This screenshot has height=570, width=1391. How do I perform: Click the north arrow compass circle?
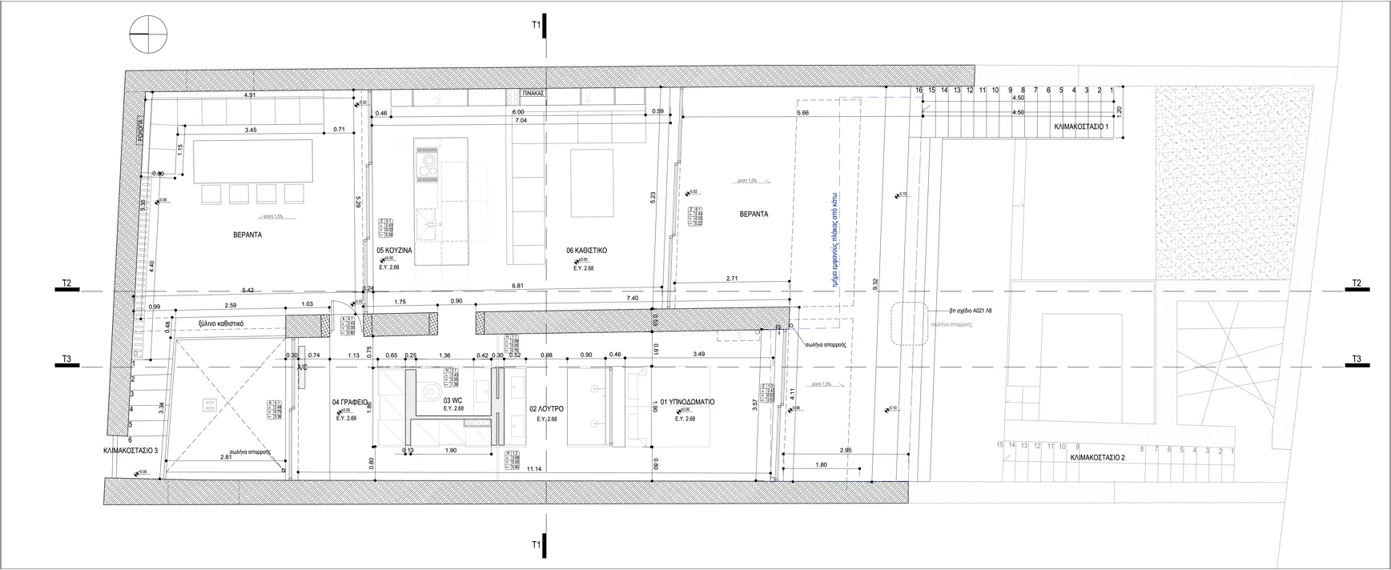pyautogui.click(x=148, y=36)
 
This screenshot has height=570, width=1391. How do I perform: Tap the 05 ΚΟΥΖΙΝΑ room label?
pyautogui.click(x=394, y=251)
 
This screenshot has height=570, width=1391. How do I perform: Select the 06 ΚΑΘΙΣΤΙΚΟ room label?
pyautogui.click(x=587, y=251)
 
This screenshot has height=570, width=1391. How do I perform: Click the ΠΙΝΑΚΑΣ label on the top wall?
pyautogui.click(x=533, y=94)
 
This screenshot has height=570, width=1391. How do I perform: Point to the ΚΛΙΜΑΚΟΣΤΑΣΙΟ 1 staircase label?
pyautogui.click(x=1081, y=126)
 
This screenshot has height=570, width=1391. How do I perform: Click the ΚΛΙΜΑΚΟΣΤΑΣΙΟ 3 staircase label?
pyautogui.click(x=135, y=451)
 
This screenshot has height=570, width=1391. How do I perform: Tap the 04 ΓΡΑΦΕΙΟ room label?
pyautogui.click(x=349, y=402)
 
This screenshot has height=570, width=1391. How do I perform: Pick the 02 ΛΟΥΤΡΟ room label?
pyautogui.click(x=546, y=409)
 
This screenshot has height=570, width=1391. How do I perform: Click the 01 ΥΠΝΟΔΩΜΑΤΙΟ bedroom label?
pyautogui.click(x=687, y=402)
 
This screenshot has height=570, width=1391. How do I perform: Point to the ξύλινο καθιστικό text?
pyautogui.click(x=221, y=324)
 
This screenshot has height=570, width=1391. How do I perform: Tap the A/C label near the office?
pyautogui.click(x=303, y=367)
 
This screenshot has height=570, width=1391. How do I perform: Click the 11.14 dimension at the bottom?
pyautogui.click(x=535, y=468)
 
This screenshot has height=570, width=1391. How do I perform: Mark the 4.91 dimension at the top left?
pyautogui.click(x=249, y=96)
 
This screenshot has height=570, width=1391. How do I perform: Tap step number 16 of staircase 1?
pyautogui.click(x=919, y=90)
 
